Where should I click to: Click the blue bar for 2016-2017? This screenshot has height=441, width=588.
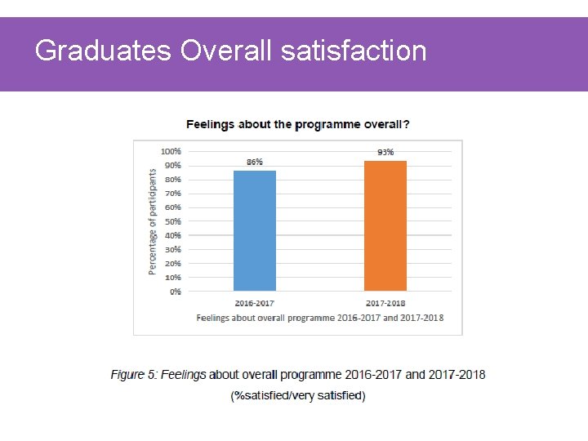point(255,230)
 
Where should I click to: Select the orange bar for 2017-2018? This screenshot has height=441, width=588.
point(385,225)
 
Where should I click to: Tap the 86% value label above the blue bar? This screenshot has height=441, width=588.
point(255,163)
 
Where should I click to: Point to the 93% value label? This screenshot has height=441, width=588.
point(385,152)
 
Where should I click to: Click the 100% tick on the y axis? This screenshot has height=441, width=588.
point(171,151)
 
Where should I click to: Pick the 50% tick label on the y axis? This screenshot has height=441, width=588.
point(172,221)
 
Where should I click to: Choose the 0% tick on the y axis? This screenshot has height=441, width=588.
point(176,292)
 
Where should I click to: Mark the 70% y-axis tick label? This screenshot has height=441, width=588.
point(172,194)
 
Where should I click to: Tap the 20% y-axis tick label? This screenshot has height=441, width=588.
point(172,264)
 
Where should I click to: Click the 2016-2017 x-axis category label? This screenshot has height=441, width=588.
point(255,302)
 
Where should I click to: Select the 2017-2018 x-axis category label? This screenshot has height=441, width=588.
point(385,302)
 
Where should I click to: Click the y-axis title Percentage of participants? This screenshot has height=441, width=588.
point(152,221)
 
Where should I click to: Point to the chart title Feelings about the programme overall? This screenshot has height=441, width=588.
point(298,125)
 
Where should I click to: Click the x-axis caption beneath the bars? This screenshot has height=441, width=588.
point(320,318)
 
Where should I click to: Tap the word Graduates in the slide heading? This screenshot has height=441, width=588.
point(103,51)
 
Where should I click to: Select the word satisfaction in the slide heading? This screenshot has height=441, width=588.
point(353,51)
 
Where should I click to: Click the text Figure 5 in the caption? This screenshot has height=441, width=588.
point(133,375)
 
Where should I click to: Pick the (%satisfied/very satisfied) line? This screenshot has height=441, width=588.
point(298,396)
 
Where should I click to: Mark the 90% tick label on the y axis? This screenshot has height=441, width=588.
point(172,165)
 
